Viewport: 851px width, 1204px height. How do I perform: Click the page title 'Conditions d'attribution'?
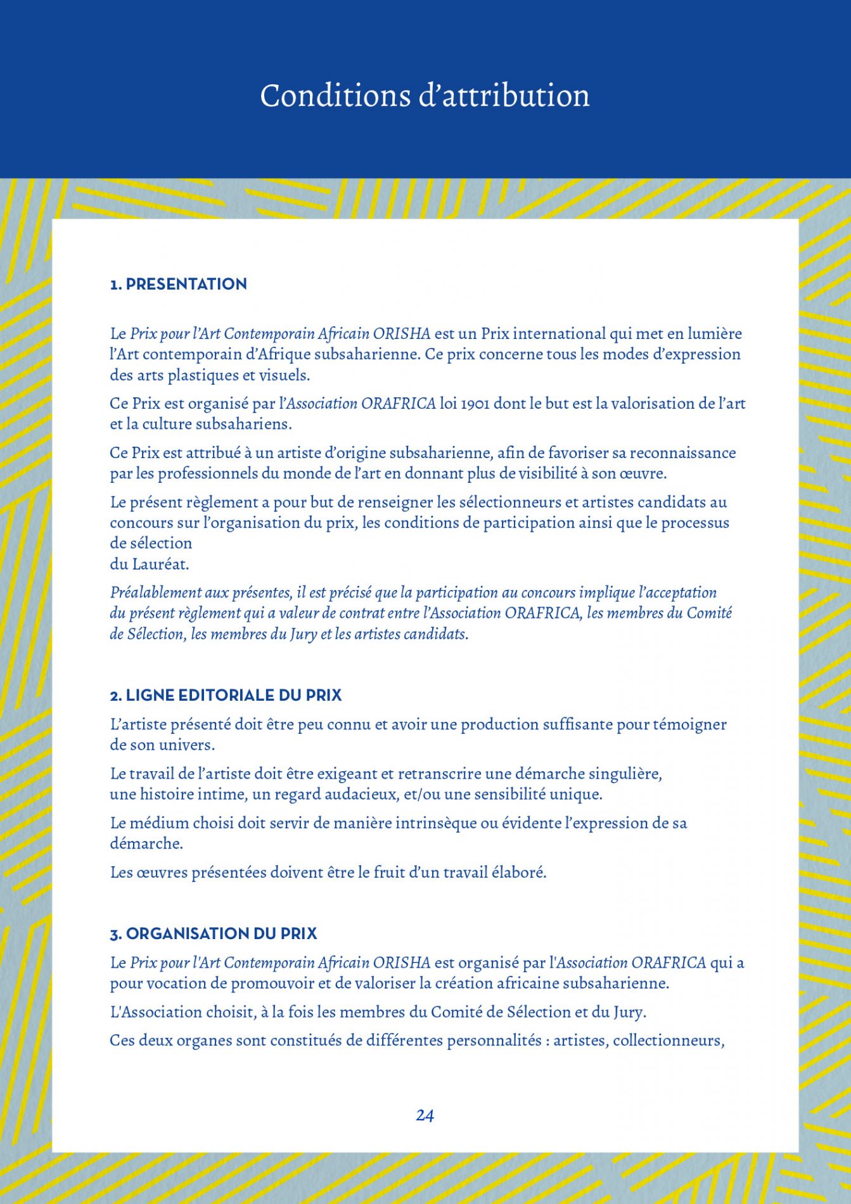425,96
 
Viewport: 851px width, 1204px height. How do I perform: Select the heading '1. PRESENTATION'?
179,284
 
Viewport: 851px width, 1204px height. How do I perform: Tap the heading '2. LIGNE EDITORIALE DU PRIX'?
226,695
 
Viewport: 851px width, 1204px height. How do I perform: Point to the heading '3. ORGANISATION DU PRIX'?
214,933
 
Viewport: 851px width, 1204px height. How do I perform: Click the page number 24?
425,1115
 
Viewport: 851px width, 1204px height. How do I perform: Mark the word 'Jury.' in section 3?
629,1012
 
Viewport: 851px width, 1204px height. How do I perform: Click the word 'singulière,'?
625,774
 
